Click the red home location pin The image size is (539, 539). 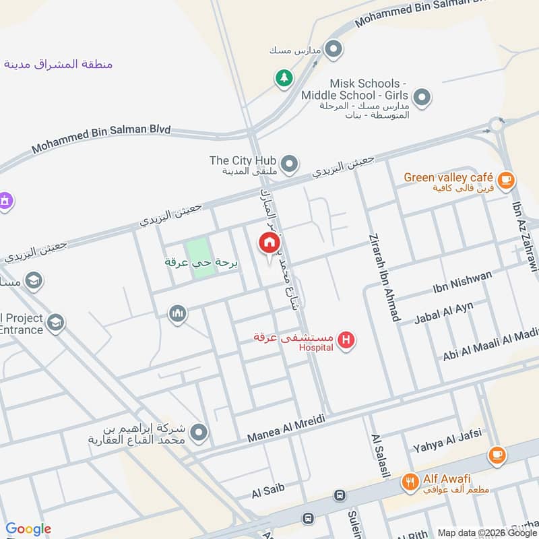coord(269,243)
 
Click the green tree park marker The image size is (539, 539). coord(284,79)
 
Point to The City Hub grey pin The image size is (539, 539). coord(289,164)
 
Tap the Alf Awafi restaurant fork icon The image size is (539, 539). coord(410,482)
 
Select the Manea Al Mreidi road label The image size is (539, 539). coord(286,426)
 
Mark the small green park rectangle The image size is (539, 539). coord(200,257)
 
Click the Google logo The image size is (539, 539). coord(28,529)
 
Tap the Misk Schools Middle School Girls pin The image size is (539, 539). coord(422,98)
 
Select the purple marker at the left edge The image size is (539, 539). coord(5,201)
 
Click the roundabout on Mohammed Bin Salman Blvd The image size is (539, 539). coord(497,125)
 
